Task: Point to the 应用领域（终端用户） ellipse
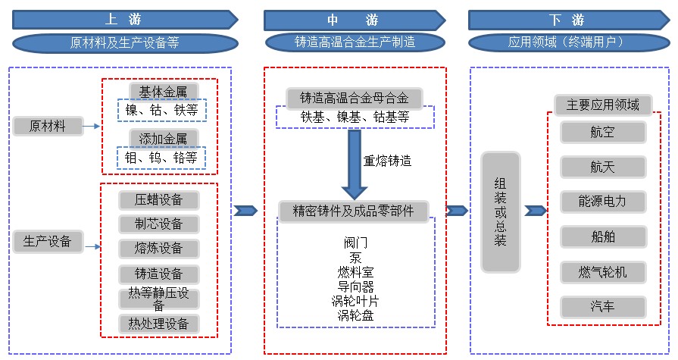coord(567,42)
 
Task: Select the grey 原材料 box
coord(47,126)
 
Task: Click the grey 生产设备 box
coord(47,242)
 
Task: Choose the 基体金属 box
coord(158,92)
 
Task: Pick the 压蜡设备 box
coord(159,200)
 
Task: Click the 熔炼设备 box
coord(159,249)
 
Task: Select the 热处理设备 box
coord(159,324)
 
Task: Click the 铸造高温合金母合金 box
coord(354,98)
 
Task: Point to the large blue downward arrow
coord(353,162)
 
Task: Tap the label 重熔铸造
coord(388,161)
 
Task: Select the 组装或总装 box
coord(501,212)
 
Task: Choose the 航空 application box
coord(603,132)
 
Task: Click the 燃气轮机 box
coord(603,271)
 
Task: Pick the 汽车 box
coord(603,307)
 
